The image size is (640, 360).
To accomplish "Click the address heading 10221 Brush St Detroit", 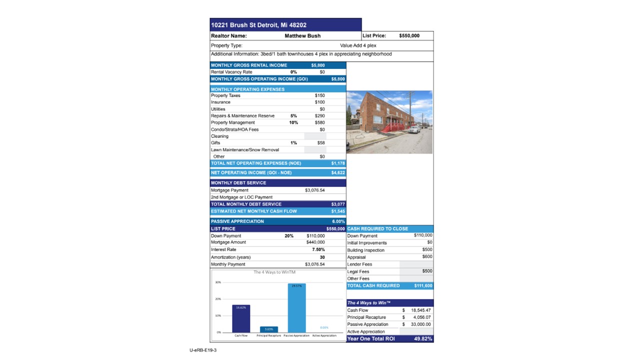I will (x=258, y=25).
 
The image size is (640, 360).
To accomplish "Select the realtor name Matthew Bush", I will (x=302, y=36).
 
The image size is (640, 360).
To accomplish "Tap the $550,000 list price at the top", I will (x=409, y=36).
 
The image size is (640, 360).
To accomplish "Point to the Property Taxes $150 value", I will (x=319, y=95).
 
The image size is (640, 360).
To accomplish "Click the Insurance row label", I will (x=220, y=102).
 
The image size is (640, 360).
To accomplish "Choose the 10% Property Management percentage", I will (x=293, y=122).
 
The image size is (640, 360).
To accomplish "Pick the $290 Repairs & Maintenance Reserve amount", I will (x=319, y=116).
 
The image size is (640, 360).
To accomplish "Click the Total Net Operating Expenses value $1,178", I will (x=337, y=163).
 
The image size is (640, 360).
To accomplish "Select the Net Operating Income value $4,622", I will (x=337, y=173).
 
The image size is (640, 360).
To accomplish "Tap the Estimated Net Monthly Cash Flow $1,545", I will (x=337, y=211).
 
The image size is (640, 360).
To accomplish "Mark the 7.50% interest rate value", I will (x=318, y=249).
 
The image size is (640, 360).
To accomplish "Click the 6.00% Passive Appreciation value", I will (x=338, y=221).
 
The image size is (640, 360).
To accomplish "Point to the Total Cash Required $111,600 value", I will (x=423, y=286).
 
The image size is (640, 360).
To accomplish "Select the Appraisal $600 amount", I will (x=427, y=257).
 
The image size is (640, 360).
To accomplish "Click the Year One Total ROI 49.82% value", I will (x=423, y=339).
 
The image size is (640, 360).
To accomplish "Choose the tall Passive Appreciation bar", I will (x=296, y=307).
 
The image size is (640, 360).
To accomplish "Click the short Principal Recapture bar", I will (x=268, y=329).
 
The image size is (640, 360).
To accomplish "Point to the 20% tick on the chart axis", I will (x=218, y=299).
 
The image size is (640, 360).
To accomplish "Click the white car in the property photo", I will (x=414, y=129).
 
